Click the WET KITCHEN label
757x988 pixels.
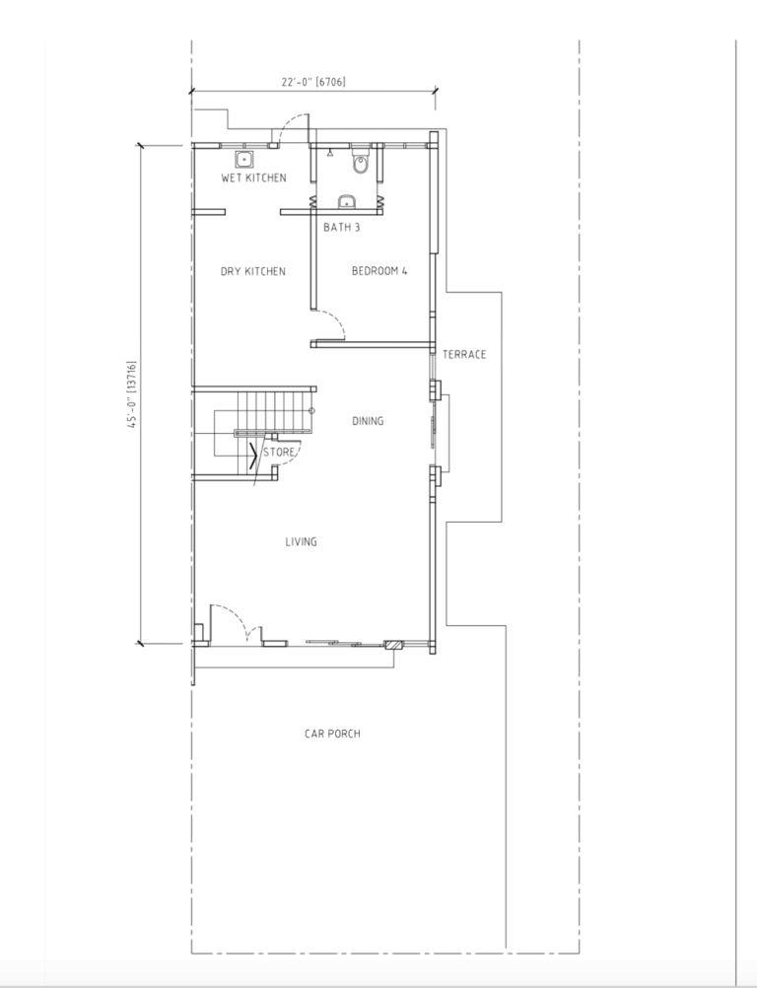pos(253,177)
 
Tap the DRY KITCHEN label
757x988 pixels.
pos(253,271)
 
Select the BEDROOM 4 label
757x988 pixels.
pos(379,271)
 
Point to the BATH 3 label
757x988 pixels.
pos(342,227)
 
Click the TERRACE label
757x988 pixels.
pos(464,354)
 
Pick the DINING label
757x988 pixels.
pos(368,421)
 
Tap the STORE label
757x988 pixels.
pos(278,452)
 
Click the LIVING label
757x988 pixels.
pos(301,541)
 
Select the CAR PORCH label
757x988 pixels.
pos(332,734)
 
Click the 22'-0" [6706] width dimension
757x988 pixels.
pos(313,82)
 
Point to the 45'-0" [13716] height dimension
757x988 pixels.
pos(132,394)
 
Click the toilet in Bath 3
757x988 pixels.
pos(360,162)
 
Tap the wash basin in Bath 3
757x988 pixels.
pos(346,202)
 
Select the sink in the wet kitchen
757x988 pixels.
pos(243,159)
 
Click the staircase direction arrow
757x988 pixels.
pos(253,456)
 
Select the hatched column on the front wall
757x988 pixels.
pos(393,645)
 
